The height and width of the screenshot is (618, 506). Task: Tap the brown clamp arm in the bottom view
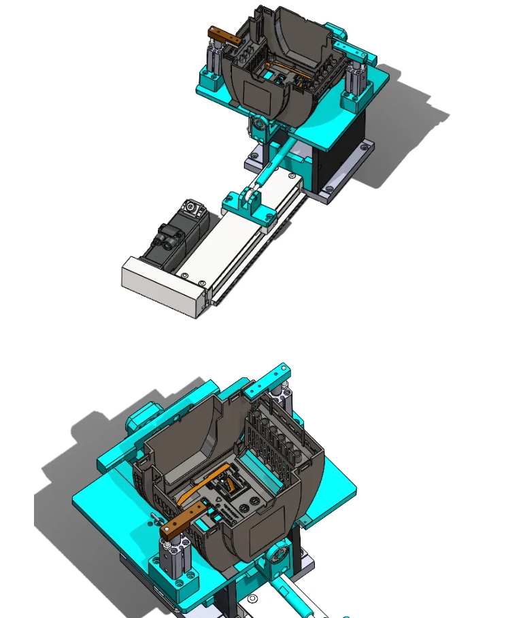coord(184,520)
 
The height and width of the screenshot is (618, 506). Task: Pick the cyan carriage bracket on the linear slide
coord(249,206)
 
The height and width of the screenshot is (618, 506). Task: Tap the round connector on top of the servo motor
coord(193,208)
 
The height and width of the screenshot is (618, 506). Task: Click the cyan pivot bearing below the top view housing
coord(259,126)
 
